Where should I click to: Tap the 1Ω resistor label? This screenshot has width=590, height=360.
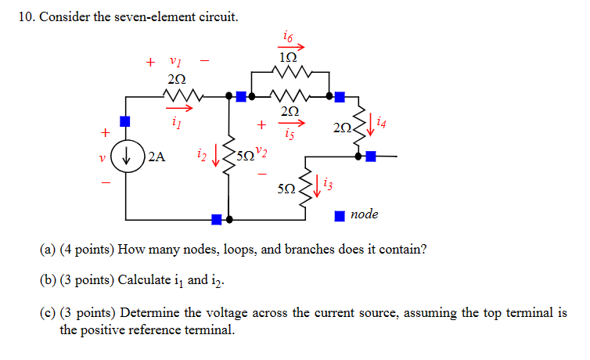click(x=288, y=57)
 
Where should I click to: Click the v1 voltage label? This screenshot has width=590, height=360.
click(x=175, y=61)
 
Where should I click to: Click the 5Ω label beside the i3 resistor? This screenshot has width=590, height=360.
click(x=286, y=189)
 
